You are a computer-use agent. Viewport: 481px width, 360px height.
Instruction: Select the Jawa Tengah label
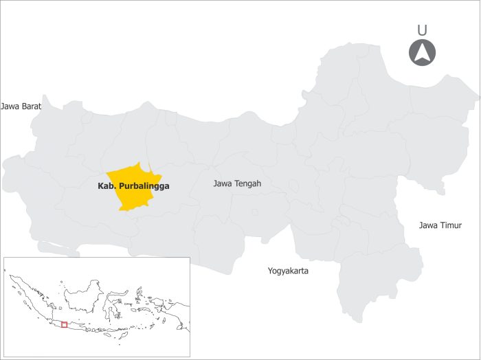[237, 183]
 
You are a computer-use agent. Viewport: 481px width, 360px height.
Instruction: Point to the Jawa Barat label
[21, 106]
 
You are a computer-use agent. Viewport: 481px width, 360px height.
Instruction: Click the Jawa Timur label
[440, 225]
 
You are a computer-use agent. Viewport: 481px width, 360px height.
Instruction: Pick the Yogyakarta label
[288, 271]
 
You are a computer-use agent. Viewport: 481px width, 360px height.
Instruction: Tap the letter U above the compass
[422, 30]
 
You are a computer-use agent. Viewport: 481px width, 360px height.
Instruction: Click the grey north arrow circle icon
[423, 53]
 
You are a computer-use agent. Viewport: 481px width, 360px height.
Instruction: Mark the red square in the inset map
[64, 324]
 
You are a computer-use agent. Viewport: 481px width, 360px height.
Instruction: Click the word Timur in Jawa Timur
[451, 225]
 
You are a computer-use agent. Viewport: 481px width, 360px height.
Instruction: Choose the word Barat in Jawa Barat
[31, 106]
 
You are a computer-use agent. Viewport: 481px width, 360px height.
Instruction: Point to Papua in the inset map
[175, 313]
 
